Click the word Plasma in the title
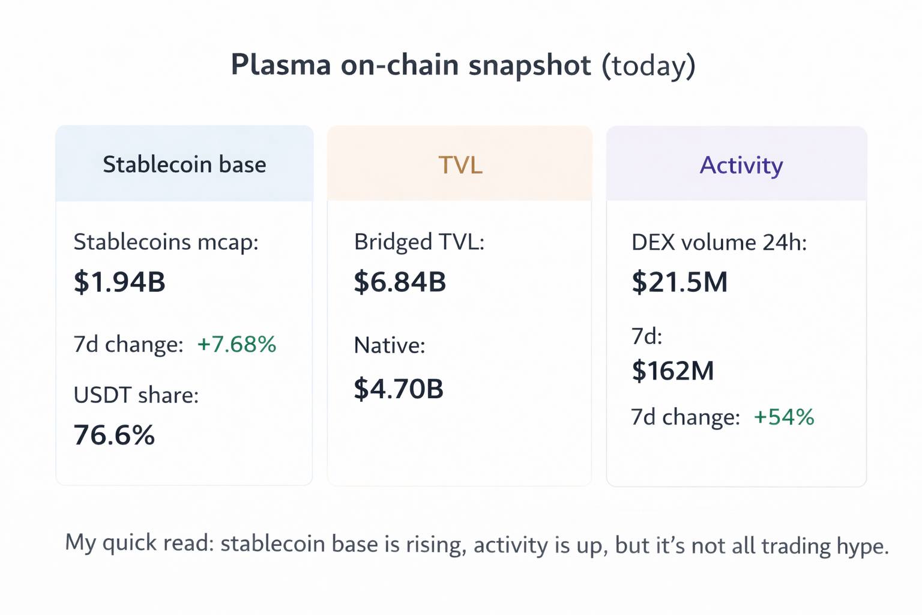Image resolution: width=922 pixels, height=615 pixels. (280, 65)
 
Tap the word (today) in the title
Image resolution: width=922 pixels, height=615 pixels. (649, 65)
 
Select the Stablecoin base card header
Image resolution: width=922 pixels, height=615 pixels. (184, 164)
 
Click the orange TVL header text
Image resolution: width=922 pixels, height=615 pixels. (460, 165)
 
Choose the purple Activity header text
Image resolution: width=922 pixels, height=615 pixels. (741, 165)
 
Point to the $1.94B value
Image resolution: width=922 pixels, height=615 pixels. (119, 282)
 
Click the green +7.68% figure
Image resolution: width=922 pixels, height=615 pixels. (237, 344)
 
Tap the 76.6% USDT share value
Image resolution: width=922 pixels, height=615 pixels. (114, 435)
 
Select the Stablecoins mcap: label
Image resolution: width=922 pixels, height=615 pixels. (166, 242)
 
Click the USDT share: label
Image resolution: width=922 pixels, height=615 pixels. (136, 395)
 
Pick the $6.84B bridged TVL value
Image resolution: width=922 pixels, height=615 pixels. (400, 282)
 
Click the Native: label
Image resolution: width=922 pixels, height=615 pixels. (389, 345)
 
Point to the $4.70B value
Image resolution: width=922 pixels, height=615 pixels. (399, 389)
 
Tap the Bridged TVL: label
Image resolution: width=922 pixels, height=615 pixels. (419, 242)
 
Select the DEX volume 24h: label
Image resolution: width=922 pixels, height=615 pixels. (719, 243)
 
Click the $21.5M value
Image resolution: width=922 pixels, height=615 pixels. (679, 282)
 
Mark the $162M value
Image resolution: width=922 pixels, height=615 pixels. (673, 371)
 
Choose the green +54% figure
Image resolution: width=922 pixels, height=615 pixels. (784, 417)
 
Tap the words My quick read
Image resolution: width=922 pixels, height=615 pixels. (139, 543)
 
